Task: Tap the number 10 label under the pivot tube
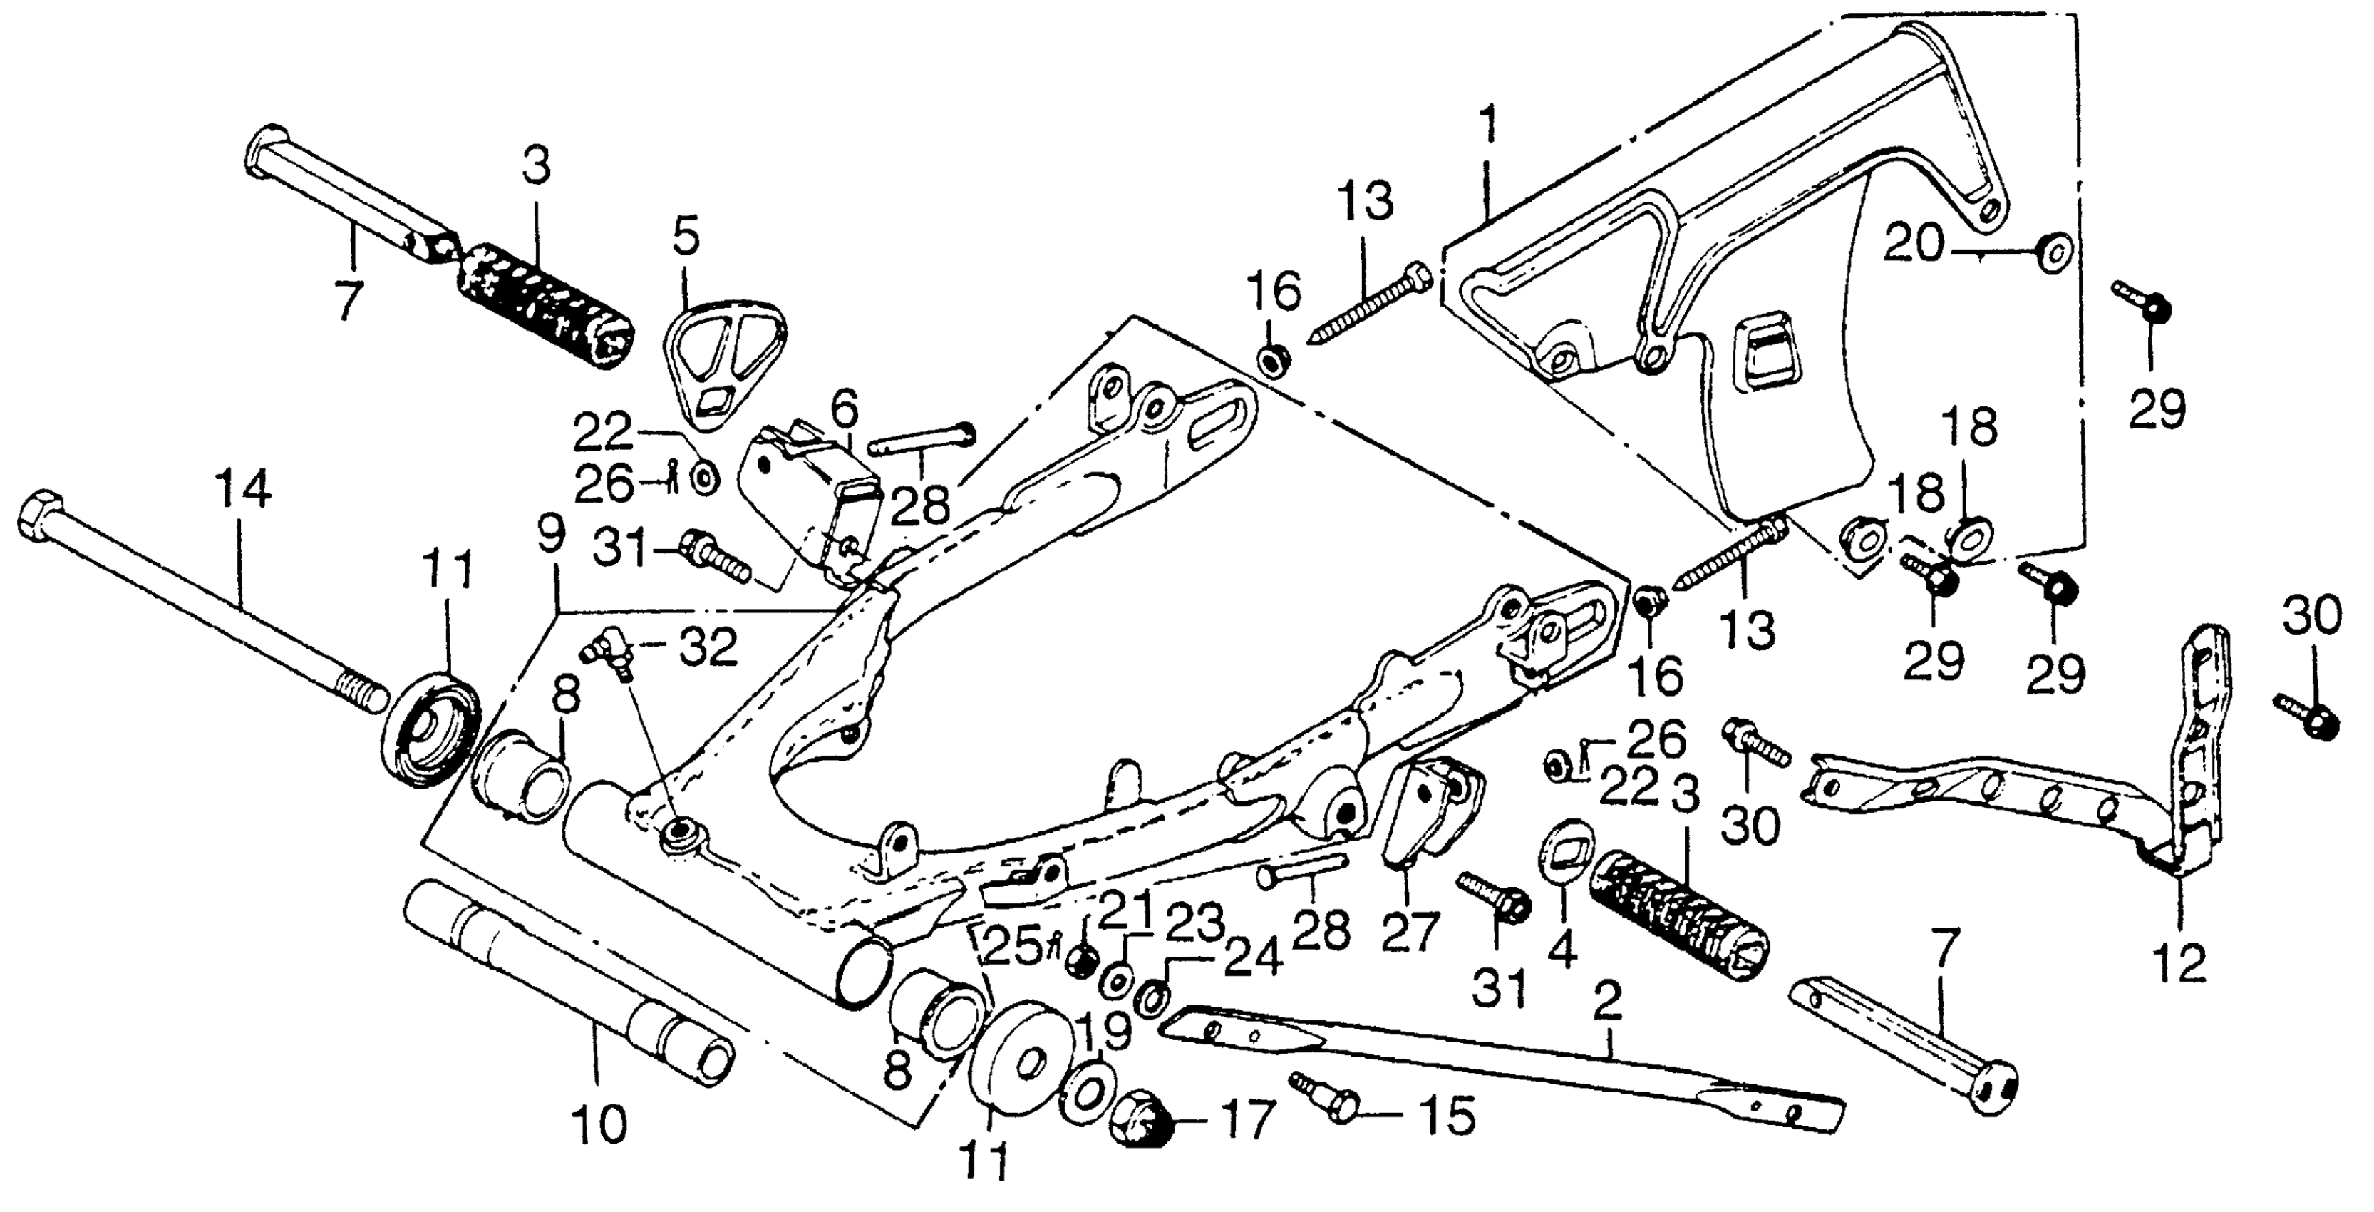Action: pyautogui.click(x=600, y=1124)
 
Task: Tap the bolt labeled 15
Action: pyautogui.click(x=1327, y=1097)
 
